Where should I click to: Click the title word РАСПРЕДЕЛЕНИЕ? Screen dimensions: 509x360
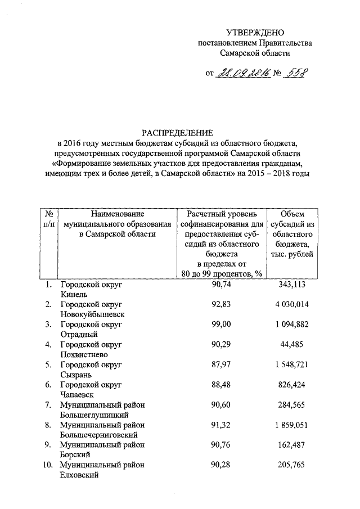click(x=177, y=133)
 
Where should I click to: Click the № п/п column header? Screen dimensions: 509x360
click(x=49, y=219)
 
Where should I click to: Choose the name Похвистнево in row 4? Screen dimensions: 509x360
click(x=84, y=354)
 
